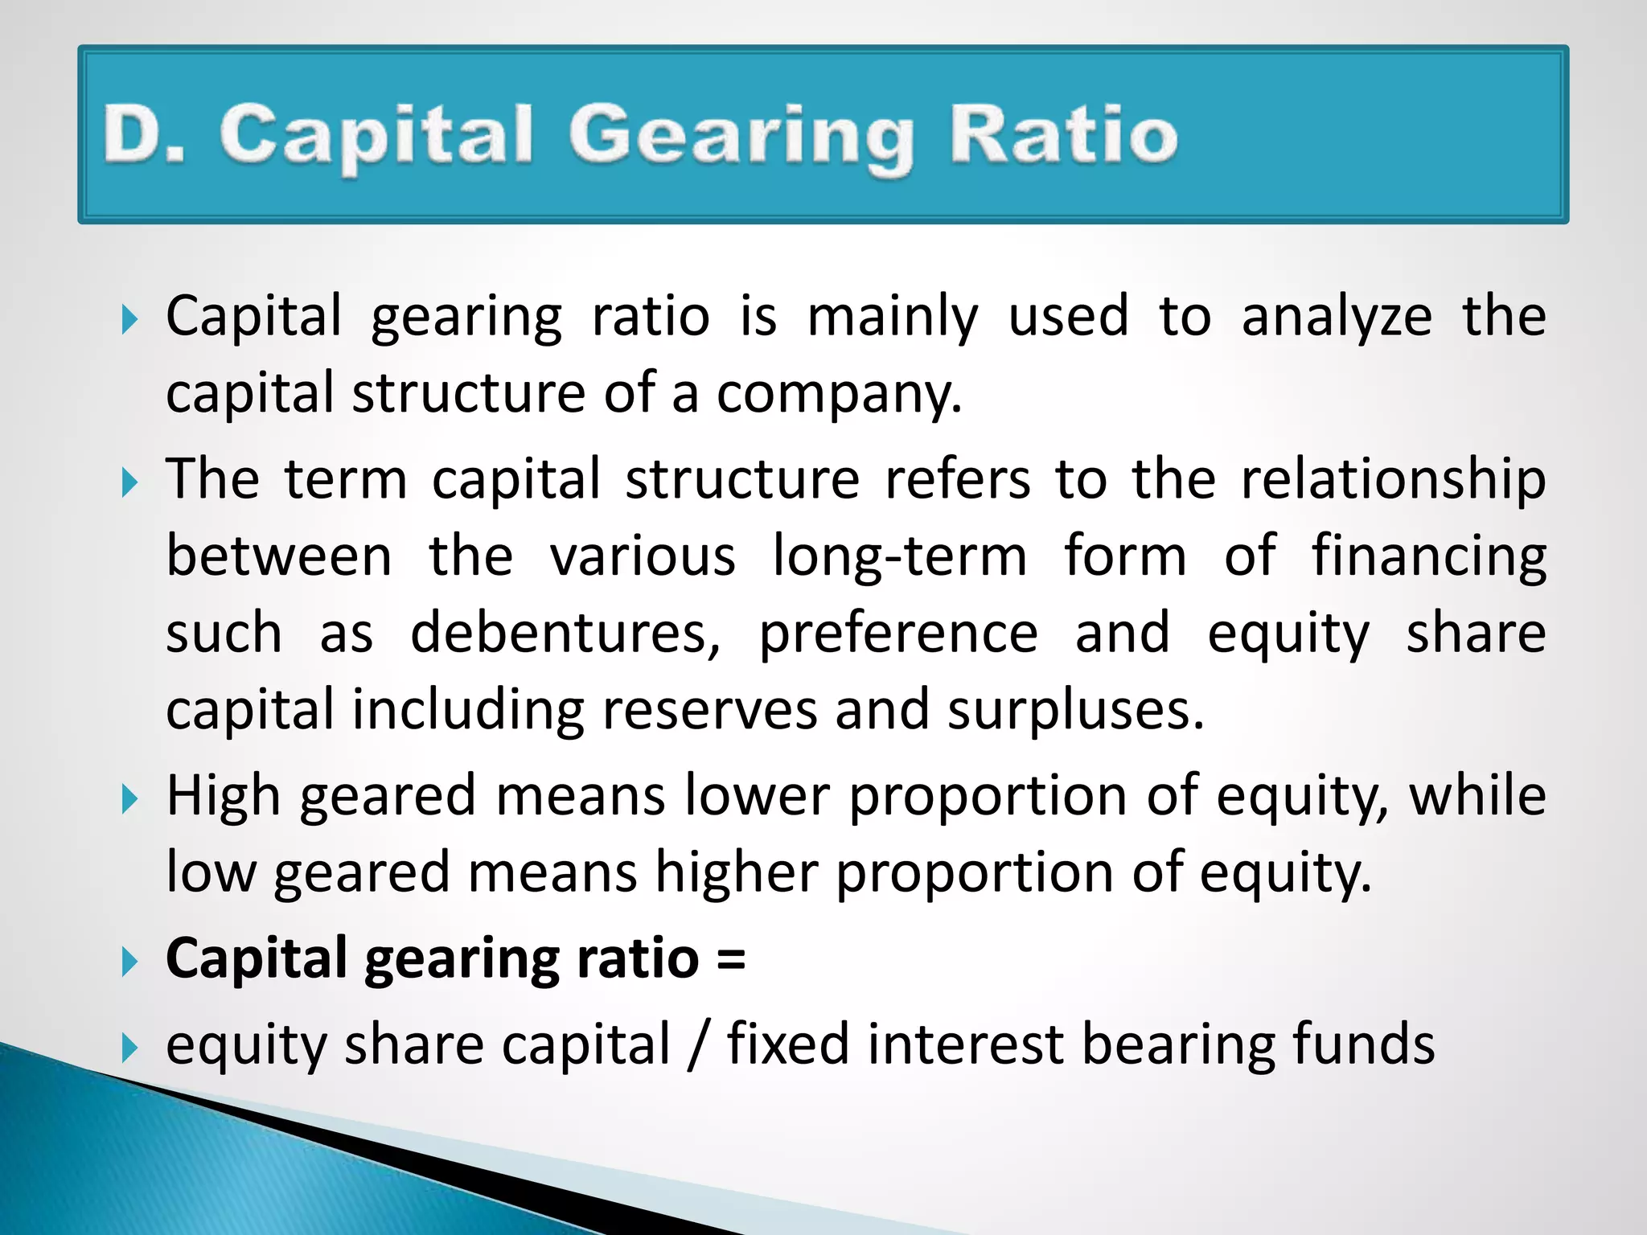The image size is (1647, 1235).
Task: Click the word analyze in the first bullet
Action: click(1336, 317)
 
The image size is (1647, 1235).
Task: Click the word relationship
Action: click(1393, 480)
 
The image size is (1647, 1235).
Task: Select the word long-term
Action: click(899, 556)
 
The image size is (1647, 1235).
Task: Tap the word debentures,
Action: click(565, 633)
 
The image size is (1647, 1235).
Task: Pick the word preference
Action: click(898, 634)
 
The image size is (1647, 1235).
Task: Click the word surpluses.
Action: click(1075, 711)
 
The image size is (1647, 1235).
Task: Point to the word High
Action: click(224, 797)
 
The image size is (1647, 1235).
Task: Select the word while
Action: click(1477, 795)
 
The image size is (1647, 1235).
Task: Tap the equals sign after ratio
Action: click(730, 959)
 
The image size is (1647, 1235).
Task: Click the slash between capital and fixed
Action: click(698, 1045)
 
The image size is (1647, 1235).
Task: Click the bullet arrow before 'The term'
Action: click(129, 482)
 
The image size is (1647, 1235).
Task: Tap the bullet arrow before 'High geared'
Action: click(129, 799)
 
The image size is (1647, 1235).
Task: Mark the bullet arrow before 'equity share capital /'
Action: click(129, 1048)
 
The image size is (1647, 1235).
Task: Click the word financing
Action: click(1428, 556)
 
